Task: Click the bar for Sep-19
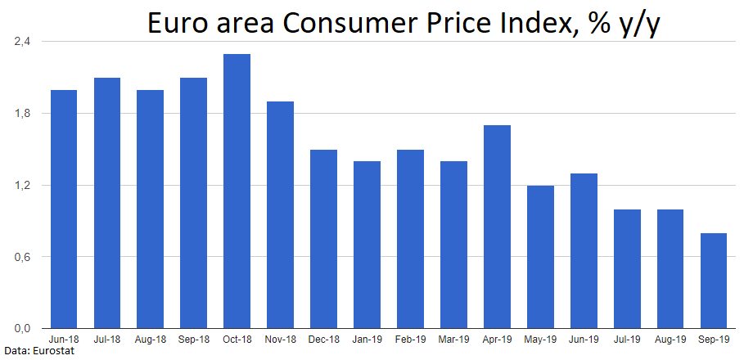tap(713, 281)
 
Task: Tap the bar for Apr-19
tap(497, 227)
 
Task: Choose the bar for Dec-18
tap(323, 239)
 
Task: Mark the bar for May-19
tap(540, 257)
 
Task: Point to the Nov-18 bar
tap(280, 214)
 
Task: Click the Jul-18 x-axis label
tap(106, 339)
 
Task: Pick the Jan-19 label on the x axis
tap(367, 339)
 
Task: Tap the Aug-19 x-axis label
tap(670, 339)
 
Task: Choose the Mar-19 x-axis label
tap(453, 339)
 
